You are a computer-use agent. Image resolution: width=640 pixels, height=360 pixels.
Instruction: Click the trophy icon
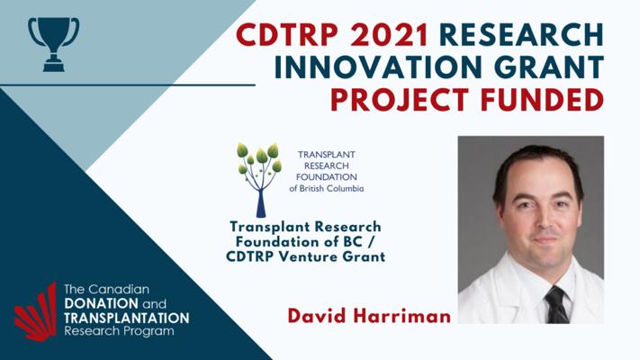pyautogui.click(x=53, y=45)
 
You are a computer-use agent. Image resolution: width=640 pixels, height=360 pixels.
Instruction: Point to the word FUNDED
pyautogui.click(x=542, y=100)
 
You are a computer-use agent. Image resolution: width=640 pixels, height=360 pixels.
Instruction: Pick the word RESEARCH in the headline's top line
pyautogui.click(x=522, y=35)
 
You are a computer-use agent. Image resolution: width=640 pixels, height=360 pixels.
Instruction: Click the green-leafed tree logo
pyautogui.click(x=259, y=180)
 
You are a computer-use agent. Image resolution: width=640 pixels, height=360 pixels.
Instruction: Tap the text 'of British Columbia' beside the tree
pyautogui.click(x=326, y=189)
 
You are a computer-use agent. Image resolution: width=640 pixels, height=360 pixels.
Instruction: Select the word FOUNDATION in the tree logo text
pyautogui.click(x=326, y=177)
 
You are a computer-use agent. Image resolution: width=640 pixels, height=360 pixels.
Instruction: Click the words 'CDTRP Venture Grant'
pyautogui.click(x=305, y=256)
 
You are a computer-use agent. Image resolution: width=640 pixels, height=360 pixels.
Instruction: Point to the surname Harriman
pyautogui.click(x=401, y=316)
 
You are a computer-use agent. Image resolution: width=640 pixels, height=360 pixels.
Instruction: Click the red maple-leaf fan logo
pyautogui.click(x=36, y=311)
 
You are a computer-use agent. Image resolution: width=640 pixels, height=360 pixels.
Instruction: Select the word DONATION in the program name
pyautogui.click(x=101, y=303)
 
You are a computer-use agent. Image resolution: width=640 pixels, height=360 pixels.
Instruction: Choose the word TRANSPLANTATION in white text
pyautogui.click(x=127, y=318)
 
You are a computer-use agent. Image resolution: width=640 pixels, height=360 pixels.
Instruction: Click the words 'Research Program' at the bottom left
pyautogui.click(x=119, y=331)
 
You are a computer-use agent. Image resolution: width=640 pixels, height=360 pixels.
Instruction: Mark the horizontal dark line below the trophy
pyautogui.click(x=128, y=85)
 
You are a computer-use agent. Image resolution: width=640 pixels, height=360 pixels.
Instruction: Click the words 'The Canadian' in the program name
pyautogui.click(x=106, y=290)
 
